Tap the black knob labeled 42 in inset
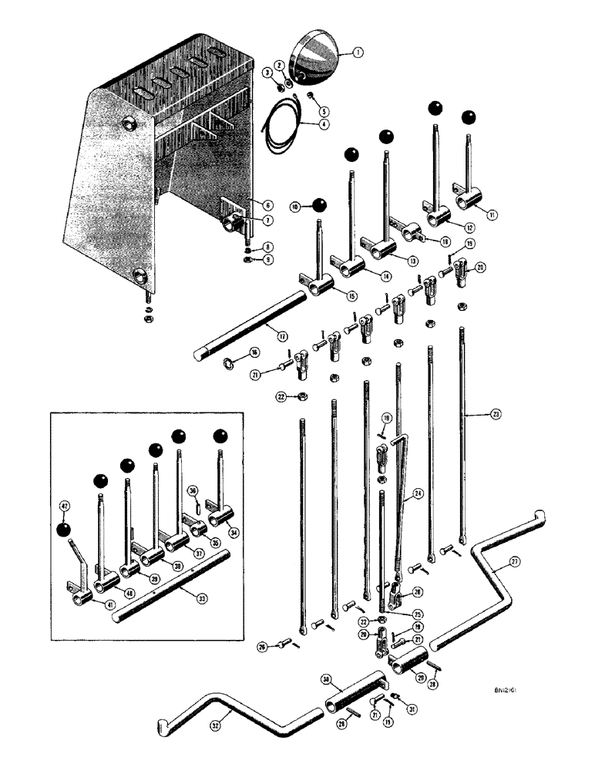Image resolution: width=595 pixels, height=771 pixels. click(65, 530)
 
